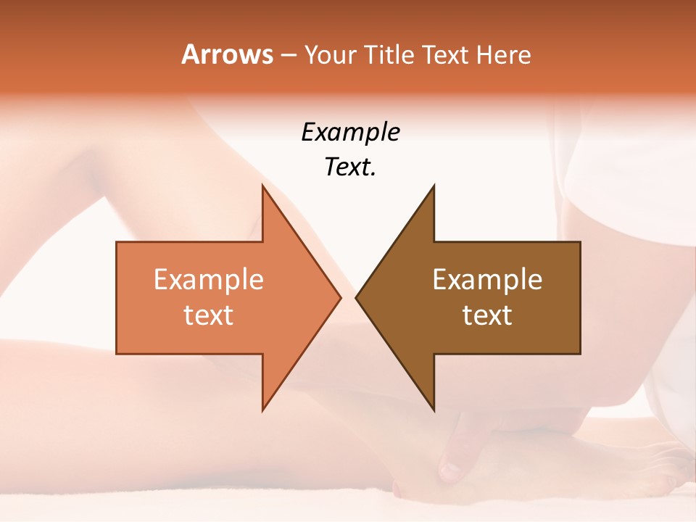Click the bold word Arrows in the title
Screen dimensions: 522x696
click(227, 54)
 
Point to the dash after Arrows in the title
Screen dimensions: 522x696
click(288, 56)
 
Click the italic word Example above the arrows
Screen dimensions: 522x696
click(350, 132)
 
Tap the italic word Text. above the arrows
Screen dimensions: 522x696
click(350, 167)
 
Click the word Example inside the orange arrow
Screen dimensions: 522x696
click(208, 279)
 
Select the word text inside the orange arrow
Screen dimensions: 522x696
click(208, 315)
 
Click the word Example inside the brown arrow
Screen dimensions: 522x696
click(487, 279)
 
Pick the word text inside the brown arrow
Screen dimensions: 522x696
click(487, 315)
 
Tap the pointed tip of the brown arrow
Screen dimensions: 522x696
click(357, 297)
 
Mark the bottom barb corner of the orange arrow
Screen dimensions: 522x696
click(263, 409)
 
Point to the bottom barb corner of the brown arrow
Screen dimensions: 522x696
click(433, 409)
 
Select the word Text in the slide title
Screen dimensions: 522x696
click(444, 54)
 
